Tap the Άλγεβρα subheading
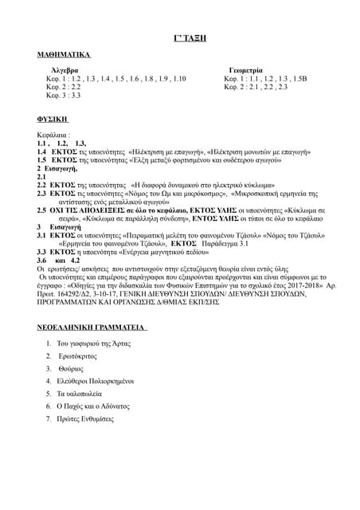(65, 71)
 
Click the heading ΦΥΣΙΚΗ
(53, 118)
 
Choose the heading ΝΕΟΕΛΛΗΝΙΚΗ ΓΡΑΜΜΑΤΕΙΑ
(91, 328)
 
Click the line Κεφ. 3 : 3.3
(63, 96)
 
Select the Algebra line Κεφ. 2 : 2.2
(63, 87)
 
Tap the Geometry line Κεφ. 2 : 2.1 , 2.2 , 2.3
(256, 87)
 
